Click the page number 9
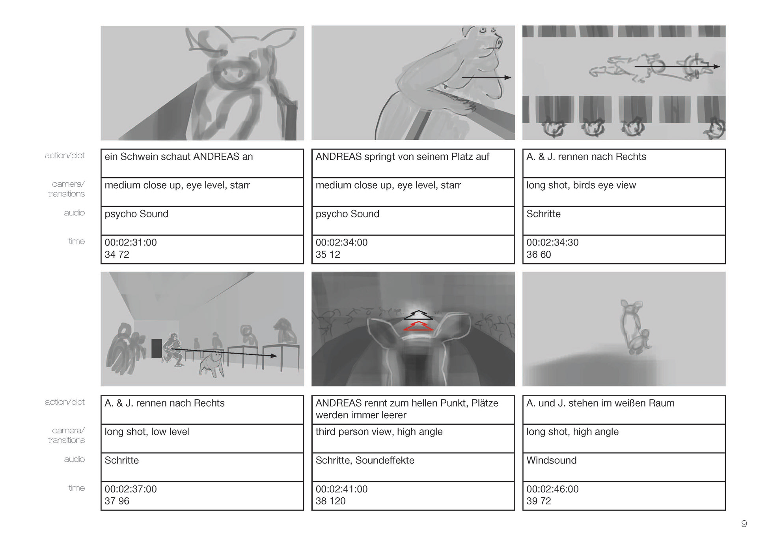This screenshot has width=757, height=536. pos(744,523)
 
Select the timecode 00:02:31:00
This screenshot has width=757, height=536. pos(131,242)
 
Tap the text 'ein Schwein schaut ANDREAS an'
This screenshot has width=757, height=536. pos(179,157)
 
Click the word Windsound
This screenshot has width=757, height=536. pos(551,460)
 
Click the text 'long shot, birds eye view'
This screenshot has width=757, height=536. pos(581,186)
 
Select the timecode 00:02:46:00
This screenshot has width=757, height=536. pos(552,489)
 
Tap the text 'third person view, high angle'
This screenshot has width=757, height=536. pos(379,432)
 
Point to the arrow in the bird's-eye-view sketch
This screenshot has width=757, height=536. pos(677,66)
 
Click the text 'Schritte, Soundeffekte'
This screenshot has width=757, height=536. pos(365,460)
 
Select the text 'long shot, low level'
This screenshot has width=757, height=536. pos(147,432)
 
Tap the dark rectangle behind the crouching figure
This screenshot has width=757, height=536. pos(157,349)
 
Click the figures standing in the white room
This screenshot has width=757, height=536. pos(634,328)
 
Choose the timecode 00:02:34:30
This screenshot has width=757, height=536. pos(552,242)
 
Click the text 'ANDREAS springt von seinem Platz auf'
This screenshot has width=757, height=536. pos(402,157)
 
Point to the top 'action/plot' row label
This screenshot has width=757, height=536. pos(65,156)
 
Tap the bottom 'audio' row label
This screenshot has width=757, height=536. pos(75,459)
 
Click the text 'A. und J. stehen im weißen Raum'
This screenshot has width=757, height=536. pos(600,403)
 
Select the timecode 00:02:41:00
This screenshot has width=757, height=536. pos(341,489)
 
